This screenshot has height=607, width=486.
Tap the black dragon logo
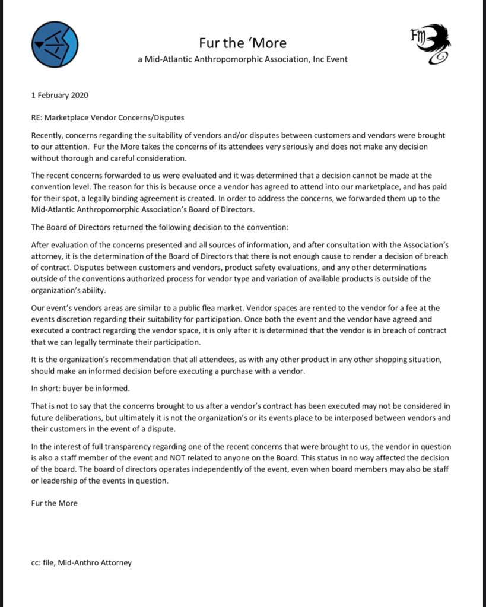(x=431, y=45)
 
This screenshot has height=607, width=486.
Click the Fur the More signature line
(x=54, y=503)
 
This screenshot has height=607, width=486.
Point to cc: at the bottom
(x=36, y=562)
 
